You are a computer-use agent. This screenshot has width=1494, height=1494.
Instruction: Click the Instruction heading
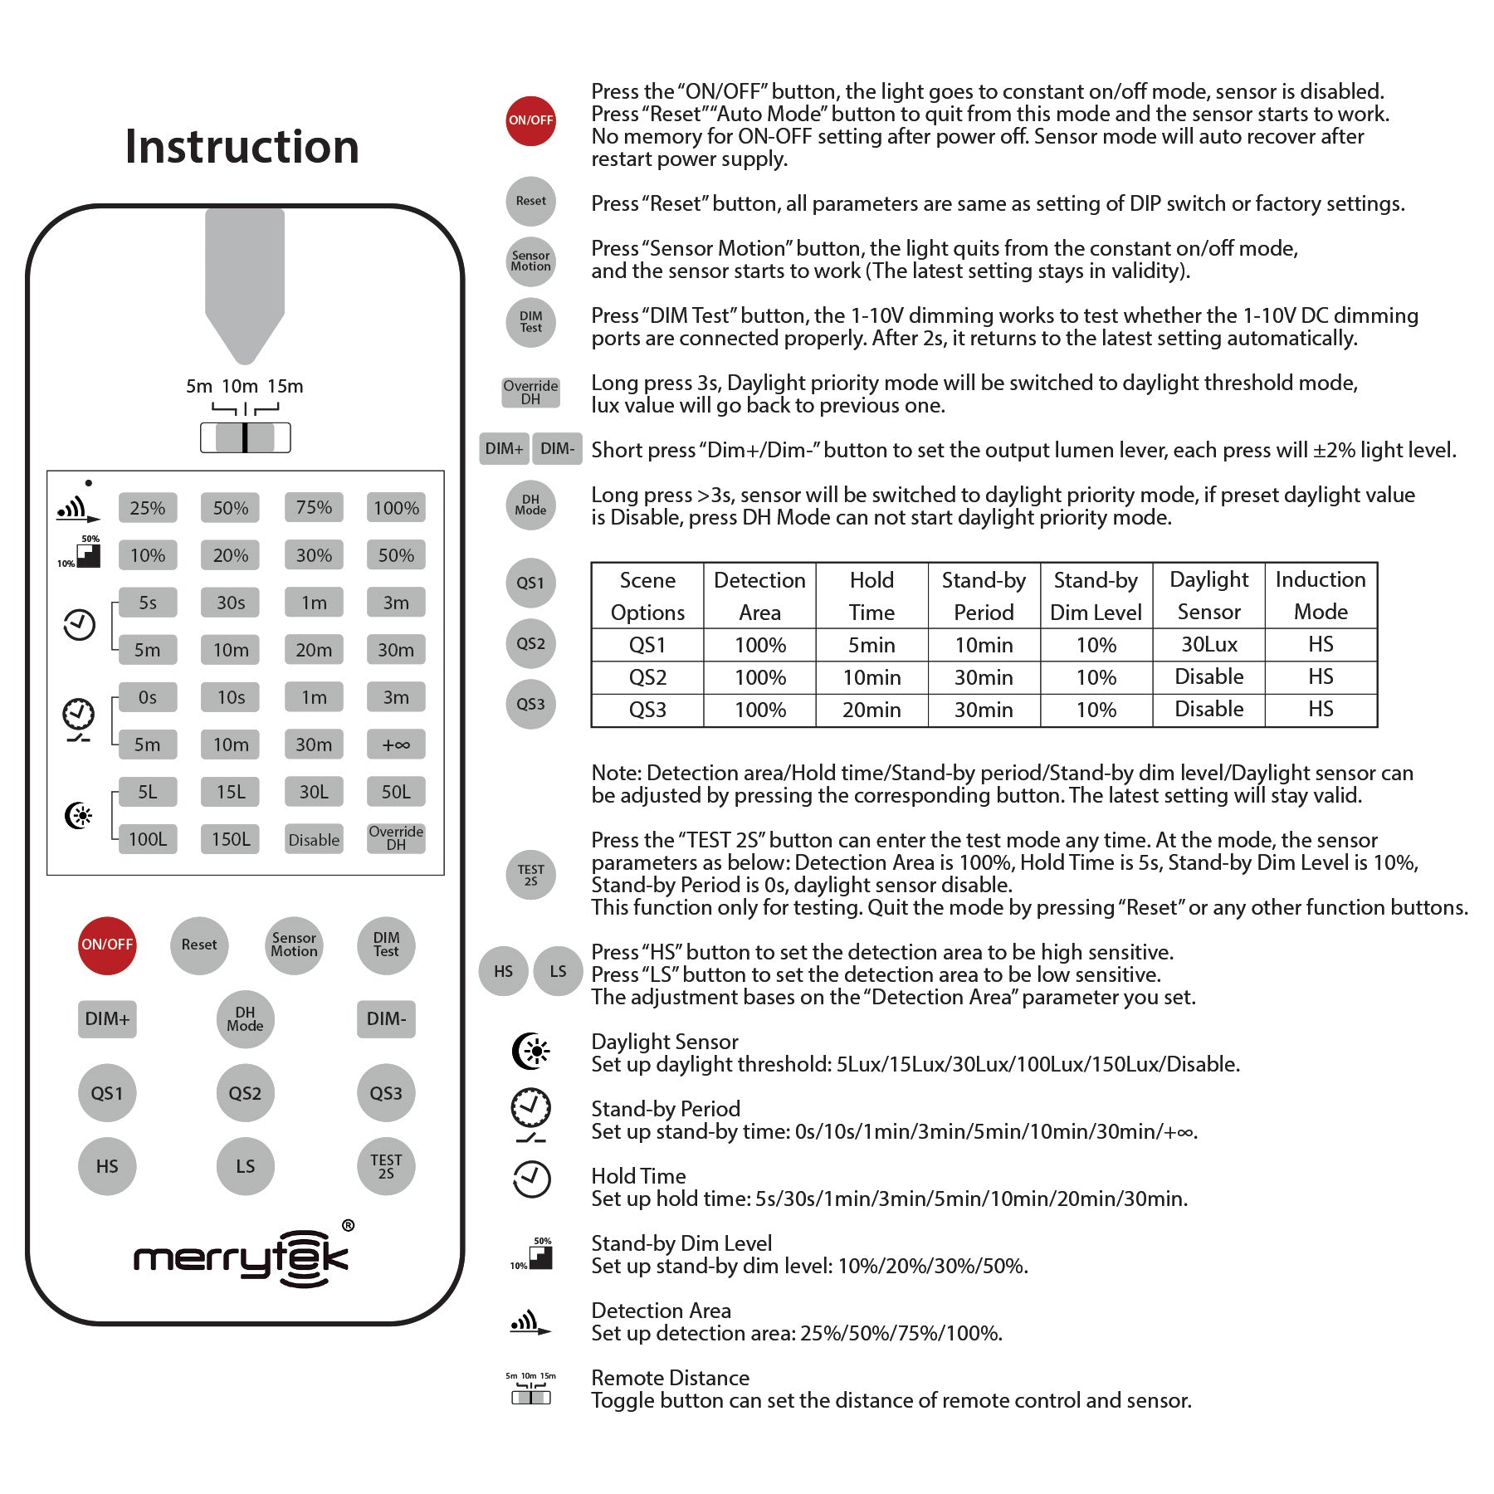[242, 147]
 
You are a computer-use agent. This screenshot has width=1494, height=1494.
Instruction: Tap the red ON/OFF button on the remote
[107, 945]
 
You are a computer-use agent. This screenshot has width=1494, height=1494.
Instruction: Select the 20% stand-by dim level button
[231, 555]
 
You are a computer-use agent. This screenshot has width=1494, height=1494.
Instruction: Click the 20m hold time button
[314, 650]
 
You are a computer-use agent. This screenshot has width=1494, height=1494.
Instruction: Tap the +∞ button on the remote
[396, 745]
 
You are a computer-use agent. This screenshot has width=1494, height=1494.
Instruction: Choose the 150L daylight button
[231, 839]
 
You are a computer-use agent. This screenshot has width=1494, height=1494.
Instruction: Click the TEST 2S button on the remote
[386, 1166]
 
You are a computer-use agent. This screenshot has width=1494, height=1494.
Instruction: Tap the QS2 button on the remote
[245, 1093]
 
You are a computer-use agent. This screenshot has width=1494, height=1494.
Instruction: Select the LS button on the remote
[245, 1166]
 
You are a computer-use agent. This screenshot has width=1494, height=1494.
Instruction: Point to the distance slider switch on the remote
[245, 437]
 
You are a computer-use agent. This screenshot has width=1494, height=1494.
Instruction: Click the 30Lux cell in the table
[1209, 644]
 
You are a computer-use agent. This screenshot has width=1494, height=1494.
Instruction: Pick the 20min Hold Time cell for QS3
[871, 710]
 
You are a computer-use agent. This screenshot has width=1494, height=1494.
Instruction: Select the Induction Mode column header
[1321, 595]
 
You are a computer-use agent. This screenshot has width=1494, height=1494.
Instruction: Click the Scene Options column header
[647, 596]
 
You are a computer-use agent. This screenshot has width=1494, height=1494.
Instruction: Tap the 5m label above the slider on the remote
[199, 386]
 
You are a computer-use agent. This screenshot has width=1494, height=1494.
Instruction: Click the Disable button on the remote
[314, 839]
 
